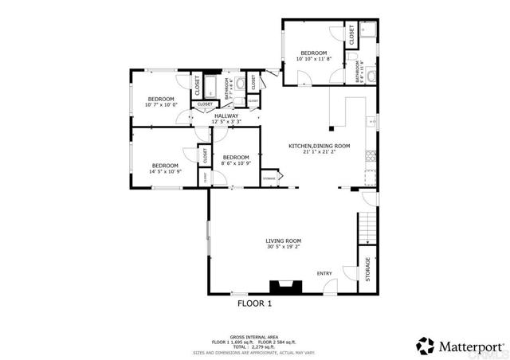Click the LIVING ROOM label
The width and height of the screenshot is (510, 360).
click(283, 241)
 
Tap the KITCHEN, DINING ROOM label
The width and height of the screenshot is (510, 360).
click(319, 146)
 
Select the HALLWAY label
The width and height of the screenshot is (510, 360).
click(226, 116)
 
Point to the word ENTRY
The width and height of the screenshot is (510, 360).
click(324, 273)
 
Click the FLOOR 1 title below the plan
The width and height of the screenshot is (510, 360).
click(255, 303)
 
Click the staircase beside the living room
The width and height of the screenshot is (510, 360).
click(366, 227)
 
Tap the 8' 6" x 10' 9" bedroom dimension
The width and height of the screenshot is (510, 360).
click(236, 163)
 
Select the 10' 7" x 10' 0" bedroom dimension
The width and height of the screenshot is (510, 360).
click(162, 104)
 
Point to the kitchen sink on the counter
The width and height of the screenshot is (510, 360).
click(370, 122)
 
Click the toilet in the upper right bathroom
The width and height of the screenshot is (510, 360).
click(371, 76)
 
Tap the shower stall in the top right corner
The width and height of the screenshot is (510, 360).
click(369, 32)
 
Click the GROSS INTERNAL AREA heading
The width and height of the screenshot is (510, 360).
click(254, 337)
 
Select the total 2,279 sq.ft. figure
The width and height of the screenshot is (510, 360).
click(254, 346)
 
